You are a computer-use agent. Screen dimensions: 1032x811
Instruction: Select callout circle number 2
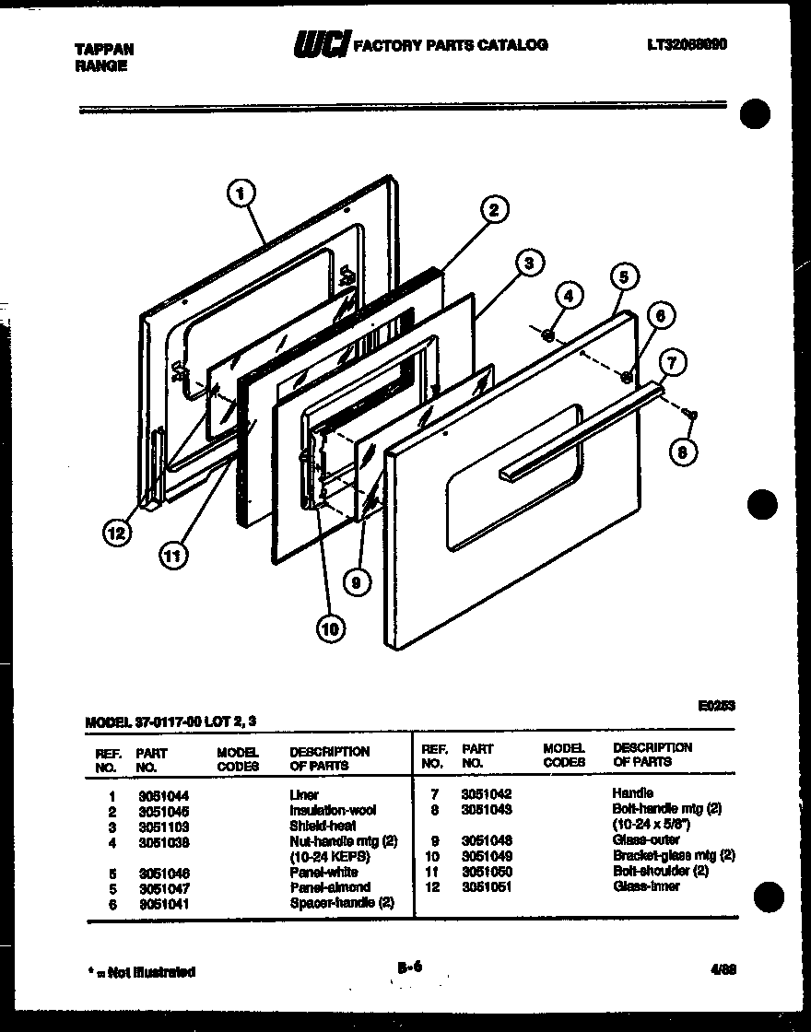click(494, 210)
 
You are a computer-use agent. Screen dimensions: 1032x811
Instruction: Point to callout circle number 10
click(329, 629)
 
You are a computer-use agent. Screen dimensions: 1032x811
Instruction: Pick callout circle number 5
click(623, 276)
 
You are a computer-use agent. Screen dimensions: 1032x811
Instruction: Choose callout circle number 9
click(355, 580)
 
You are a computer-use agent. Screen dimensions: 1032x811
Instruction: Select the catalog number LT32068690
click(687, 43)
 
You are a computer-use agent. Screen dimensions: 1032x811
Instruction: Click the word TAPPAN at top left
click(103, 50)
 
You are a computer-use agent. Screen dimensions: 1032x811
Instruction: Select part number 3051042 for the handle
click(487, 793)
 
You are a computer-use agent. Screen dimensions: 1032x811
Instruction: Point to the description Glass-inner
click(646, 886)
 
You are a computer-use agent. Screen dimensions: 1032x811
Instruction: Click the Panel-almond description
click(330, 887)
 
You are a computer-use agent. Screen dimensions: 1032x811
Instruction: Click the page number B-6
click(410, 967)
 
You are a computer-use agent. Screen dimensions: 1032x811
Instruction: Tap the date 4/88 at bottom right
click(722, 969)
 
